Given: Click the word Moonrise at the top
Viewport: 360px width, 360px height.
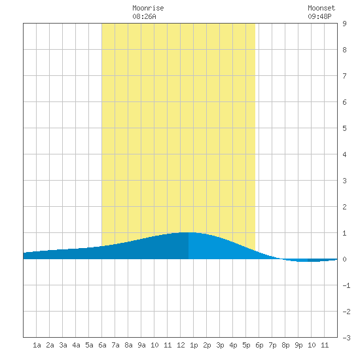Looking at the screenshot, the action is (148, 8).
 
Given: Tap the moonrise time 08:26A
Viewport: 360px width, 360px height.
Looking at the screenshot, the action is (144, 16).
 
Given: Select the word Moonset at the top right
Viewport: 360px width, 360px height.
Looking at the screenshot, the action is (321, 8).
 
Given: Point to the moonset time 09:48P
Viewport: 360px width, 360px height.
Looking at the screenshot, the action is (319, 16).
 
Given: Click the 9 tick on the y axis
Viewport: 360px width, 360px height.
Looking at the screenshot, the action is (344, 24).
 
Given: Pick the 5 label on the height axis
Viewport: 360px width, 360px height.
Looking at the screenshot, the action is (344, 128).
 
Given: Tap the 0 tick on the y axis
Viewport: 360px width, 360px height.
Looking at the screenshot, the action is (344, 259).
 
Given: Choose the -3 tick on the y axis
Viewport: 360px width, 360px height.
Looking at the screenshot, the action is (346, 338).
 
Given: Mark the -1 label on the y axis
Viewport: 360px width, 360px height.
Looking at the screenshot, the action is (346, 285).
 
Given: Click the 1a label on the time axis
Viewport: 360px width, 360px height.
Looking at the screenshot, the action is (37, 345).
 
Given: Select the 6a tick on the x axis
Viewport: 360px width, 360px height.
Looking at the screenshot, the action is (102, 345).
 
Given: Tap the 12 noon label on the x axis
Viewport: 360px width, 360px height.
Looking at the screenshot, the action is (181, 345).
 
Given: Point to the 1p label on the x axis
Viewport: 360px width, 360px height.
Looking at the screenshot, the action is (194, 345).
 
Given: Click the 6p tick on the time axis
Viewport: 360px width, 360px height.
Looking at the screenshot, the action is (259, 345).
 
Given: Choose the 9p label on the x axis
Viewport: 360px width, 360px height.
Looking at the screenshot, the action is (298, 345).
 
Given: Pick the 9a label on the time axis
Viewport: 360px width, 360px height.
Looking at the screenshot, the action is (141, 345).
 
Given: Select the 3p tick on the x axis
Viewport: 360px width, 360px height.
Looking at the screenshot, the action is (220, 345).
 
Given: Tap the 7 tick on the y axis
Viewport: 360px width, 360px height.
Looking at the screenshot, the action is (344, 76).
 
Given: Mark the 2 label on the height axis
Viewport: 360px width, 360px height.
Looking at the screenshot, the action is (344, 207).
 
